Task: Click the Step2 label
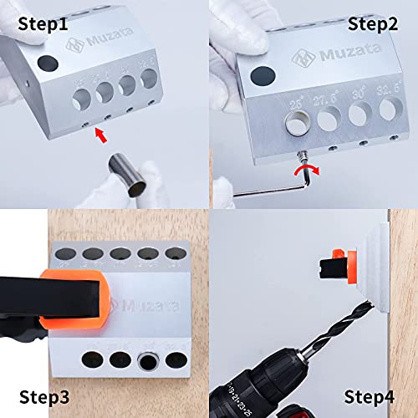370,22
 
